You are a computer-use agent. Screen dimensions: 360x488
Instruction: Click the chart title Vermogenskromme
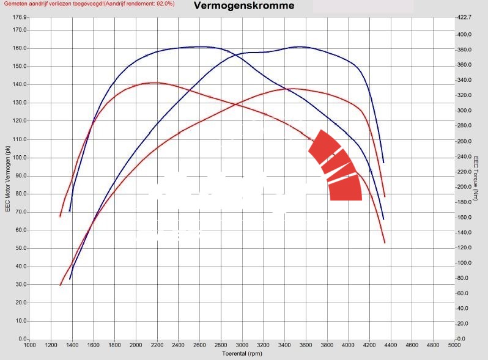click(x=244, y=7)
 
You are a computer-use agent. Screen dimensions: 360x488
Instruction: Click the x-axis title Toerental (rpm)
click(x=242, y=353)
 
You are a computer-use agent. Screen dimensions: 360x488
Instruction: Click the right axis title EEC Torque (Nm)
click(x=476, y=178)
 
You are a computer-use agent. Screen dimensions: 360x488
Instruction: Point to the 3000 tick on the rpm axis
click(x=242, y=345)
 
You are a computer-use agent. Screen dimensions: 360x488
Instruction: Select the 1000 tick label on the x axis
click(x=29, y=345)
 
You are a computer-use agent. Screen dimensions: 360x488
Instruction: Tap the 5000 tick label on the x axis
click(x=454, y=345)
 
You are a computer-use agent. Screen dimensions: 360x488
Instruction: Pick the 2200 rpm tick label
click(x=157, y=345)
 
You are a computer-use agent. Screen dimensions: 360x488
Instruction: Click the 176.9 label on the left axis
click(x=19, y=18)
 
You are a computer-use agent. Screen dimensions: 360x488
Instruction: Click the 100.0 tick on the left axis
click(x=19, y=158)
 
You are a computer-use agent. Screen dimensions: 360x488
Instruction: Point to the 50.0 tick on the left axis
click(x=20, y=248)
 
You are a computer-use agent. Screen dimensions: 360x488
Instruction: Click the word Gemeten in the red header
click(x=16, y=4)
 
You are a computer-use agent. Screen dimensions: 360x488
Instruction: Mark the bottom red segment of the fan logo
click(x=346, y=189)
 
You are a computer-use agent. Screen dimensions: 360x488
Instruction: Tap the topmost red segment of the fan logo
click(x=324, y=144)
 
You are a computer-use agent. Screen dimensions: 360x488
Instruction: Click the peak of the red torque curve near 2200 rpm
click(x=155, y=83)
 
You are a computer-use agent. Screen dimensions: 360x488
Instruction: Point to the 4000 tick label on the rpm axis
click(x=348, y=345)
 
